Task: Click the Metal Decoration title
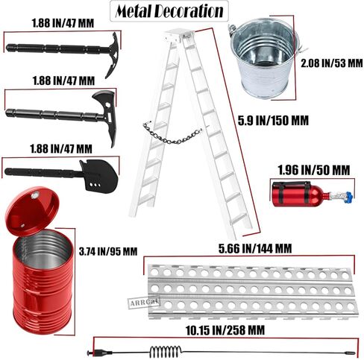pos(169,11)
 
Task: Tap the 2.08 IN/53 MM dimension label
pos(332,63)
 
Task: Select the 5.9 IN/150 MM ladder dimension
pos(273,121)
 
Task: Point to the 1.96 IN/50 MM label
pos(314,170)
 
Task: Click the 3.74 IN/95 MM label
pos(108,251)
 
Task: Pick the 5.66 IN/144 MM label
pos(255,248)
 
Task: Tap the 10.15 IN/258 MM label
pos(225,330)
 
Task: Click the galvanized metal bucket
pos(264,57)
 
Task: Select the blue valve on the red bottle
pos(349,198)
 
